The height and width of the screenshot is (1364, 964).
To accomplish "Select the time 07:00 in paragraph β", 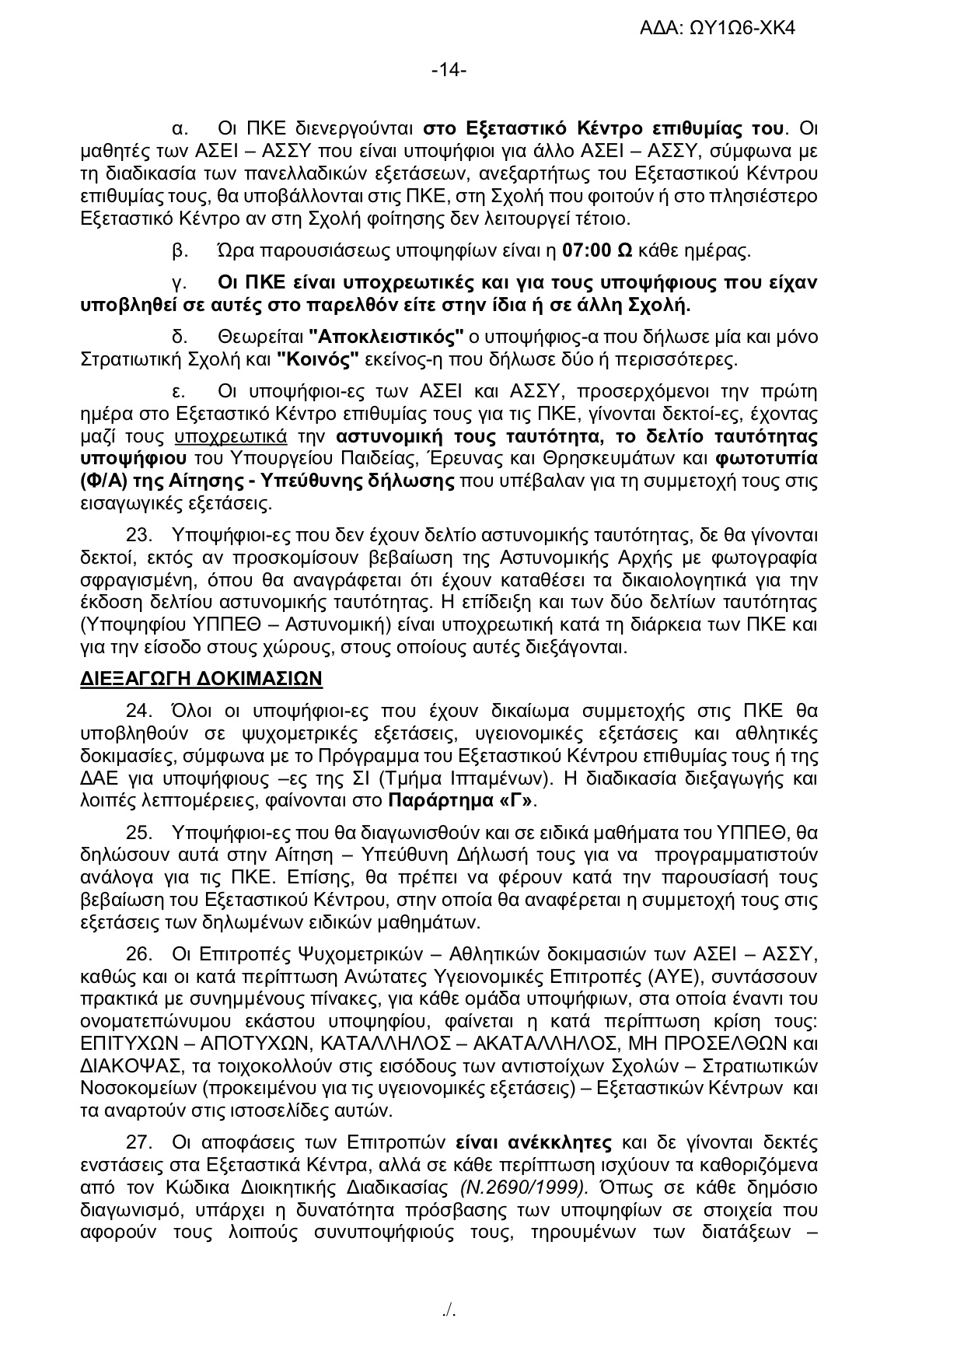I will tap(584, 252).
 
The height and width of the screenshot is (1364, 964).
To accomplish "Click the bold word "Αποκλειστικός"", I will tap(386, 338).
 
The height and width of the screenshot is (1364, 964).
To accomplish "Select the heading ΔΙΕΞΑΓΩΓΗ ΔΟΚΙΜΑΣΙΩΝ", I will tap(201, 678).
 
